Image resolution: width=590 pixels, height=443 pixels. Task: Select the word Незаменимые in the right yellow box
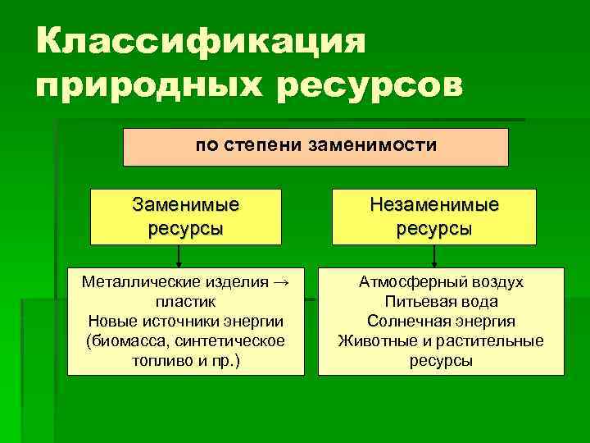(x=434, y=204)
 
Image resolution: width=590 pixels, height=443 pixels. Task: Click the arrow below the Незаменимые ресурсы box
(x=434, y=257)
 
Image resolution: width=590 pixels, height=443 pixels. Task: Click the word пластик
(x=185, y=301)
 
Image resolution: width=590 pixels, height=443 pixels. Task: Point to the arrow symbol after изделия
(x=280, y=283)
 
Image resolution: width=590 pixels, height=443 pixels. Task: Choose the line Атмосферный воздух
(x=441, y=283)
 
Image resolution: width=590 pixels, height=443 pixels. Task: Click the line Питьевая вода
(x=441, y=301)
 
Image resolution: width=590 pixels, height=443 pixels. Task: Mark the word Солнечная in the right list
(x=403, y=321)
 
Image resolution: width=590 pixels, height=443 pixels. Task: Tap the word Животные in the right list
(x=374, y=340)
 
